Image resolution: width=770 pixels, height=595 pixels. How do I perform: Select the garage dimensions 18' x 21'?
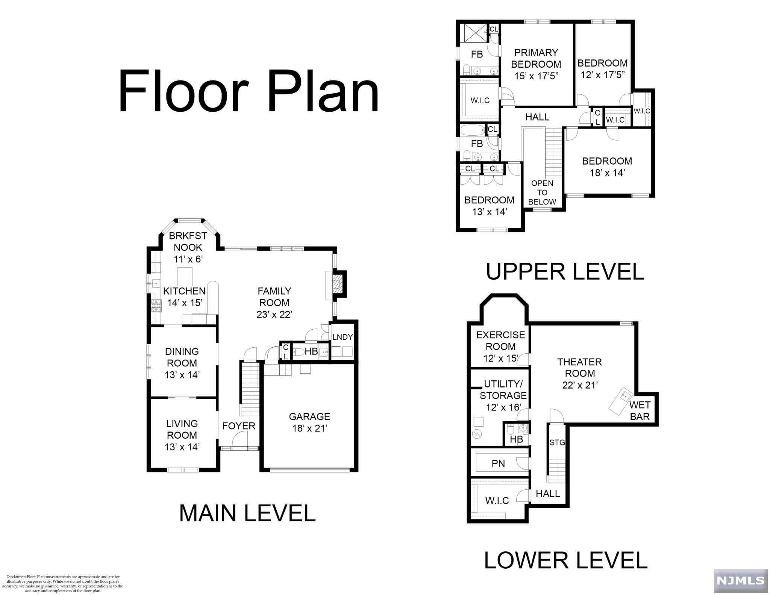click(x=309, y=428)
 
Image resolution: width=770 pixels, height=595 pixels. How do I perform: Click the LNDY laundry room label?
click(x=343, y=337)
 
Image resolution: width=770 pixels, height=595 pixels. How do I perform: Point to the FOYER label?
click(x=239, y=426)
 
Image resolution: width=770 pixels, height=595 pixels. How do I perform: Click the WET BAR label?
click(x=640, y=410)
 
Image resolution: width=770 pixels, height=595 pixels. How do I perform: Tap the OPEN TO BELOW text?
click(x=542, y=192)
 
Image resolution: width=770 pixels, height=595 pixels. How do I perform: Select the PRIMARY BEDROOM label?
click(x=536, y=58)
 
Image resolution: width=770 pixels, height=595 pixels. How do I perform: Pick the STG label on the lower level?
click(x=557, y=442)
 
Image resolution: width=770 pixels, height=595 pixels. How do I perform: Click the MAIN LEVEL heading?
click(x=247, y=513)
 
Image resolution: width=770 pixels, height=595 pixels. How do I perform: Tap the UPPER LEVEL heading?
click(x=565, y=271)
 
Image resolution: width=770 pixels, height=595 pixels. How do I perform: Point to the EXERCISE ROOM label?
click(x=501, y=341)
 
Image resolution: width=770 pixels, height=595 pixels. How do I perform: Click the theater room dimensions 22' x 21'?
click(x=580, y=385)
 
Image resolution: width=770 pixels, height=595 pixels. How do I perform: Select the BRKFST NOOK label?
click(x=188, y=241)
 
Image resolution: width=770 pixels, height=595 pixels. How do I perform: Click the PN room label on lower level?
click(x=498, y=463)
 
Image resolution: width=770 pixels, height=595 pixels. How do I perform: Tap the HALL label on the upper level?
click(x=537, y=117)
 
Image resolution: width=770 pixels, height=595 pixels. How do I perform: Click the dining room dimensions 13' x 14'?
click(x=182, y=375)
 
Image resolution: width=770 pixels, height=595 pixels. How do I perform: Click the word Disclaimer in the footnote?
click(x=15, y=577)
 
